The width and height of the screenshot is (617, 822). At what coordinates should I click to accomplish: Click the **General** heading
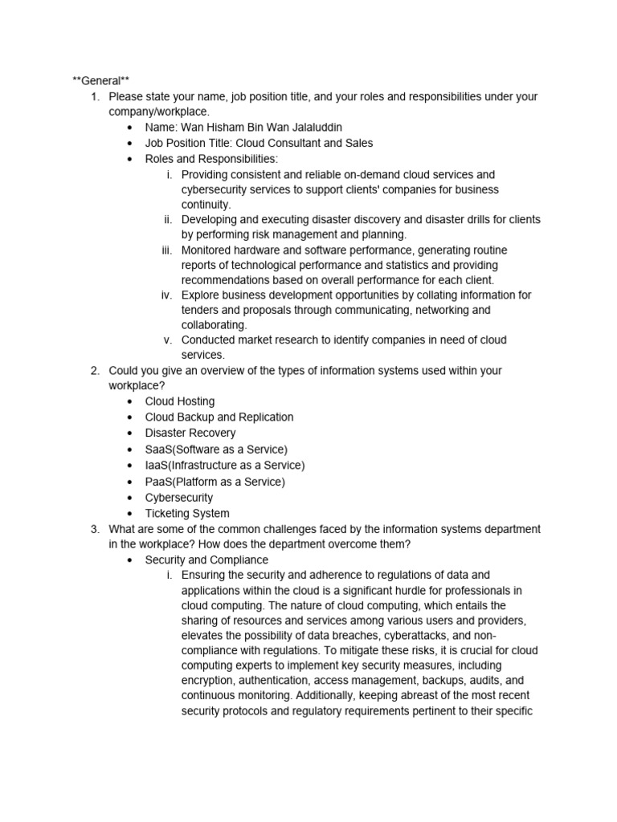[100, 80]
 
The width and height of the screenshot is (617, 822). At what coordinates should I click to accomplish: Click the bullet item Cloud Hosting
[180, 401]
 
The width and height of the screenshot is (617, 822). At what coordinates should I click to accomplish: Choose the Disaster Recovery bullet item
[190, 433]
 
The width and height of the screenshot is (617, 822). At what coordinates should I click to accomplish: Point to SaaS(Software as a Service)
[216, 449]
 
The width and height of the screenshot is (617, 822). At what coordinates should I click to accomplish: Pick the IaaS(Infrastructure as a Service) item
[225, 465]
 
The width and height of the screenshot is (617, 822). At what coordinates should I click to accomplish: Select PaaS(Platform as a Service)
[215, 482]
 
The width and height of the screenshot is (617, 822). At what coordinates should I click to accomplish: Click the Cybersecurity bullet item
[179, 498]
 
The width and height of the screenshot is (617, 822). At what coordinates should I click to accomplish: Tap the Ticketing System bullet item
[187, 514]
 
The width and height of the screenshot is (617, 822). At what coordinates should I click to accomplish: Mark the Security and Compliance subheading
[206, 560]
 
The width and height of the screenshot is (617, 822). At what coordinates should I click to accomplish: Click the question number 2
[94, 370]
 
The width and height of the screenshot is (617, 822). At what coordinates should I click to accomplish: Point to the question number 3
[94, 529]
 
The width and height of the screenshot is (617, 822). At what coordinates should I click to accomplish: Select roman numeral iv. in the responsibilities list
[167, 295]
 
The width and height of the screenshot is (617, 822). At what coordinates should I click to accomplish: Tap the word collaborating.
[214, 324]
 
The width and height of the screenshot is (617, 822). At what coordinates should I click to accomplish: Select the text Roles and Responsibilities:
[211, 159]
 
